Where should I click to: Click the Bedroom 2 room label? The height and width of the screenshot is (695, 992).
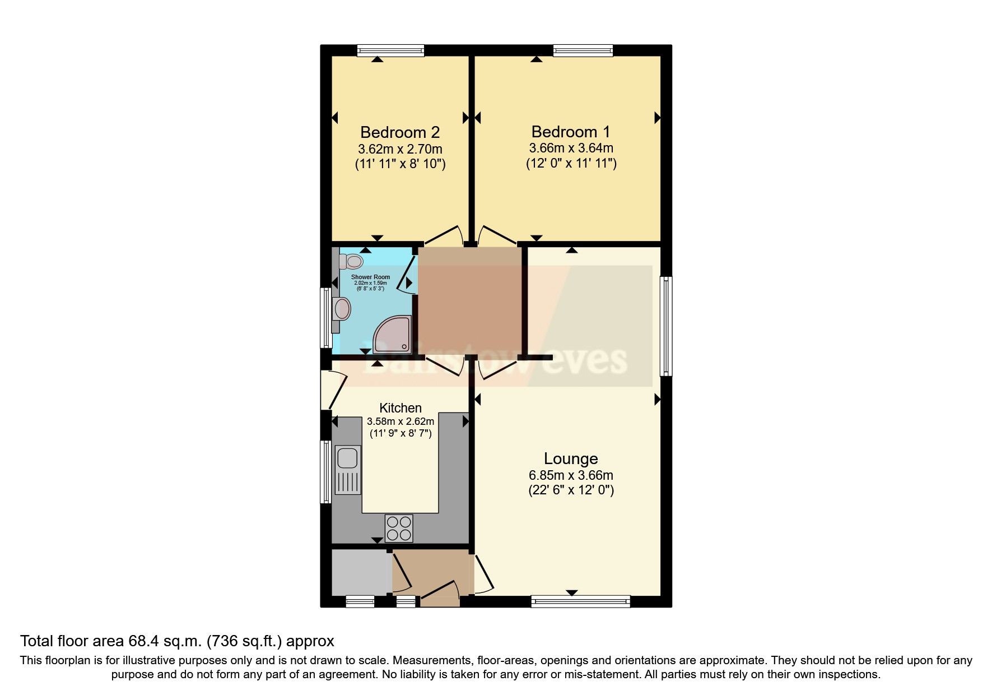coord(399,132)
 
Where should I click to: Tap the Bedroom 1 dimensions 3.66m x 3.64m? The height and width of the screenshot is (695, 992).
coord(571,148)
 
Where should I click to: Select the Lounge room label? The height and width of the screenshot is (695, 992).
coord(571,458)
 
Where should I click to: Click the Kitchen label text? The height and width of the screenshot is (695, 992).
coord(400,408)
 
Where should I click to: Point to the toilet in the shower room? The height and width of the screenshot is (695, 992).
coord(352,261)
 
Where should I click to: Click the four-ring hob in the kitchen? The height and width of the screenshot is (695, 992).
coord(399,528)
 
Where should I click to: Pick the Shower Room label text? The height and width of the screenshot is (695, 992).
coord(370,277)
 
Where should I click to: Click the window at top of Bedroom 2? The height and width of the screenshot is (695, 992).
coord(391,51)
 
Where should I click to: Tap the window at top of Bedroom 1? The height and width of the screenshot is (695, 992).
coord(583,51)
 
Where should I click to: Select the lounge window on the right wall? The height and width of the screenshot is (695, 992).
coord(666,326)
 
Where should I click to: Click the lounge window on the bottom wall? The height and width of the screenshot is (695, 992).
coord(580,602)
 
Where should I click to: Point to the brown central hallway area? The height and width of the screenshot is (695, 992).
coord(471,302)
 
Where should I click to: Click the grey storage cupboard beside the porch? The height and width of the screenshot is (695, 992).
coord(360,572)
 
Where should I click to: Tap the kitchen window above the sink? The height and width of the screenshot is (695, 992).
coord(325,471)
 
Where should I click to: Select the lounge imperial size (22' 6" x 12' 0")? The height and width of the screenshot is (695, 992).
coord(571,490)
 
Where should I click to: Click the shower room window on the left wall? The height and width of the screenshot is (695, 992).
coord(325,317)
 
